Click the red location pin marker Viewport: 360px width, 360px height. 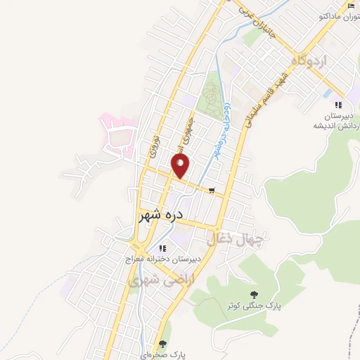click(x=181, y=165)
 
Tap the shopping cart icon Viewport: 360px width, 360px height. click(x=212, y=189)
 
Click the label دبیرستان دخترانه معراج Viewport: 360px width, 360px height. click(x=159, y=259)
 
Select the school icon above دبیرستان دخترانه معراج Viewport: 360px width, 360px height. click(x=162, y=247)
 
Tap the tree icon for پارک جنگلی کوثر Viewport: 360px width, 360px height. click(x=253, y=294)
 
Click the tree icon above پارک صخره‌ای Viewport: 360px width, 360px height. click(x=163, y=344)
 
